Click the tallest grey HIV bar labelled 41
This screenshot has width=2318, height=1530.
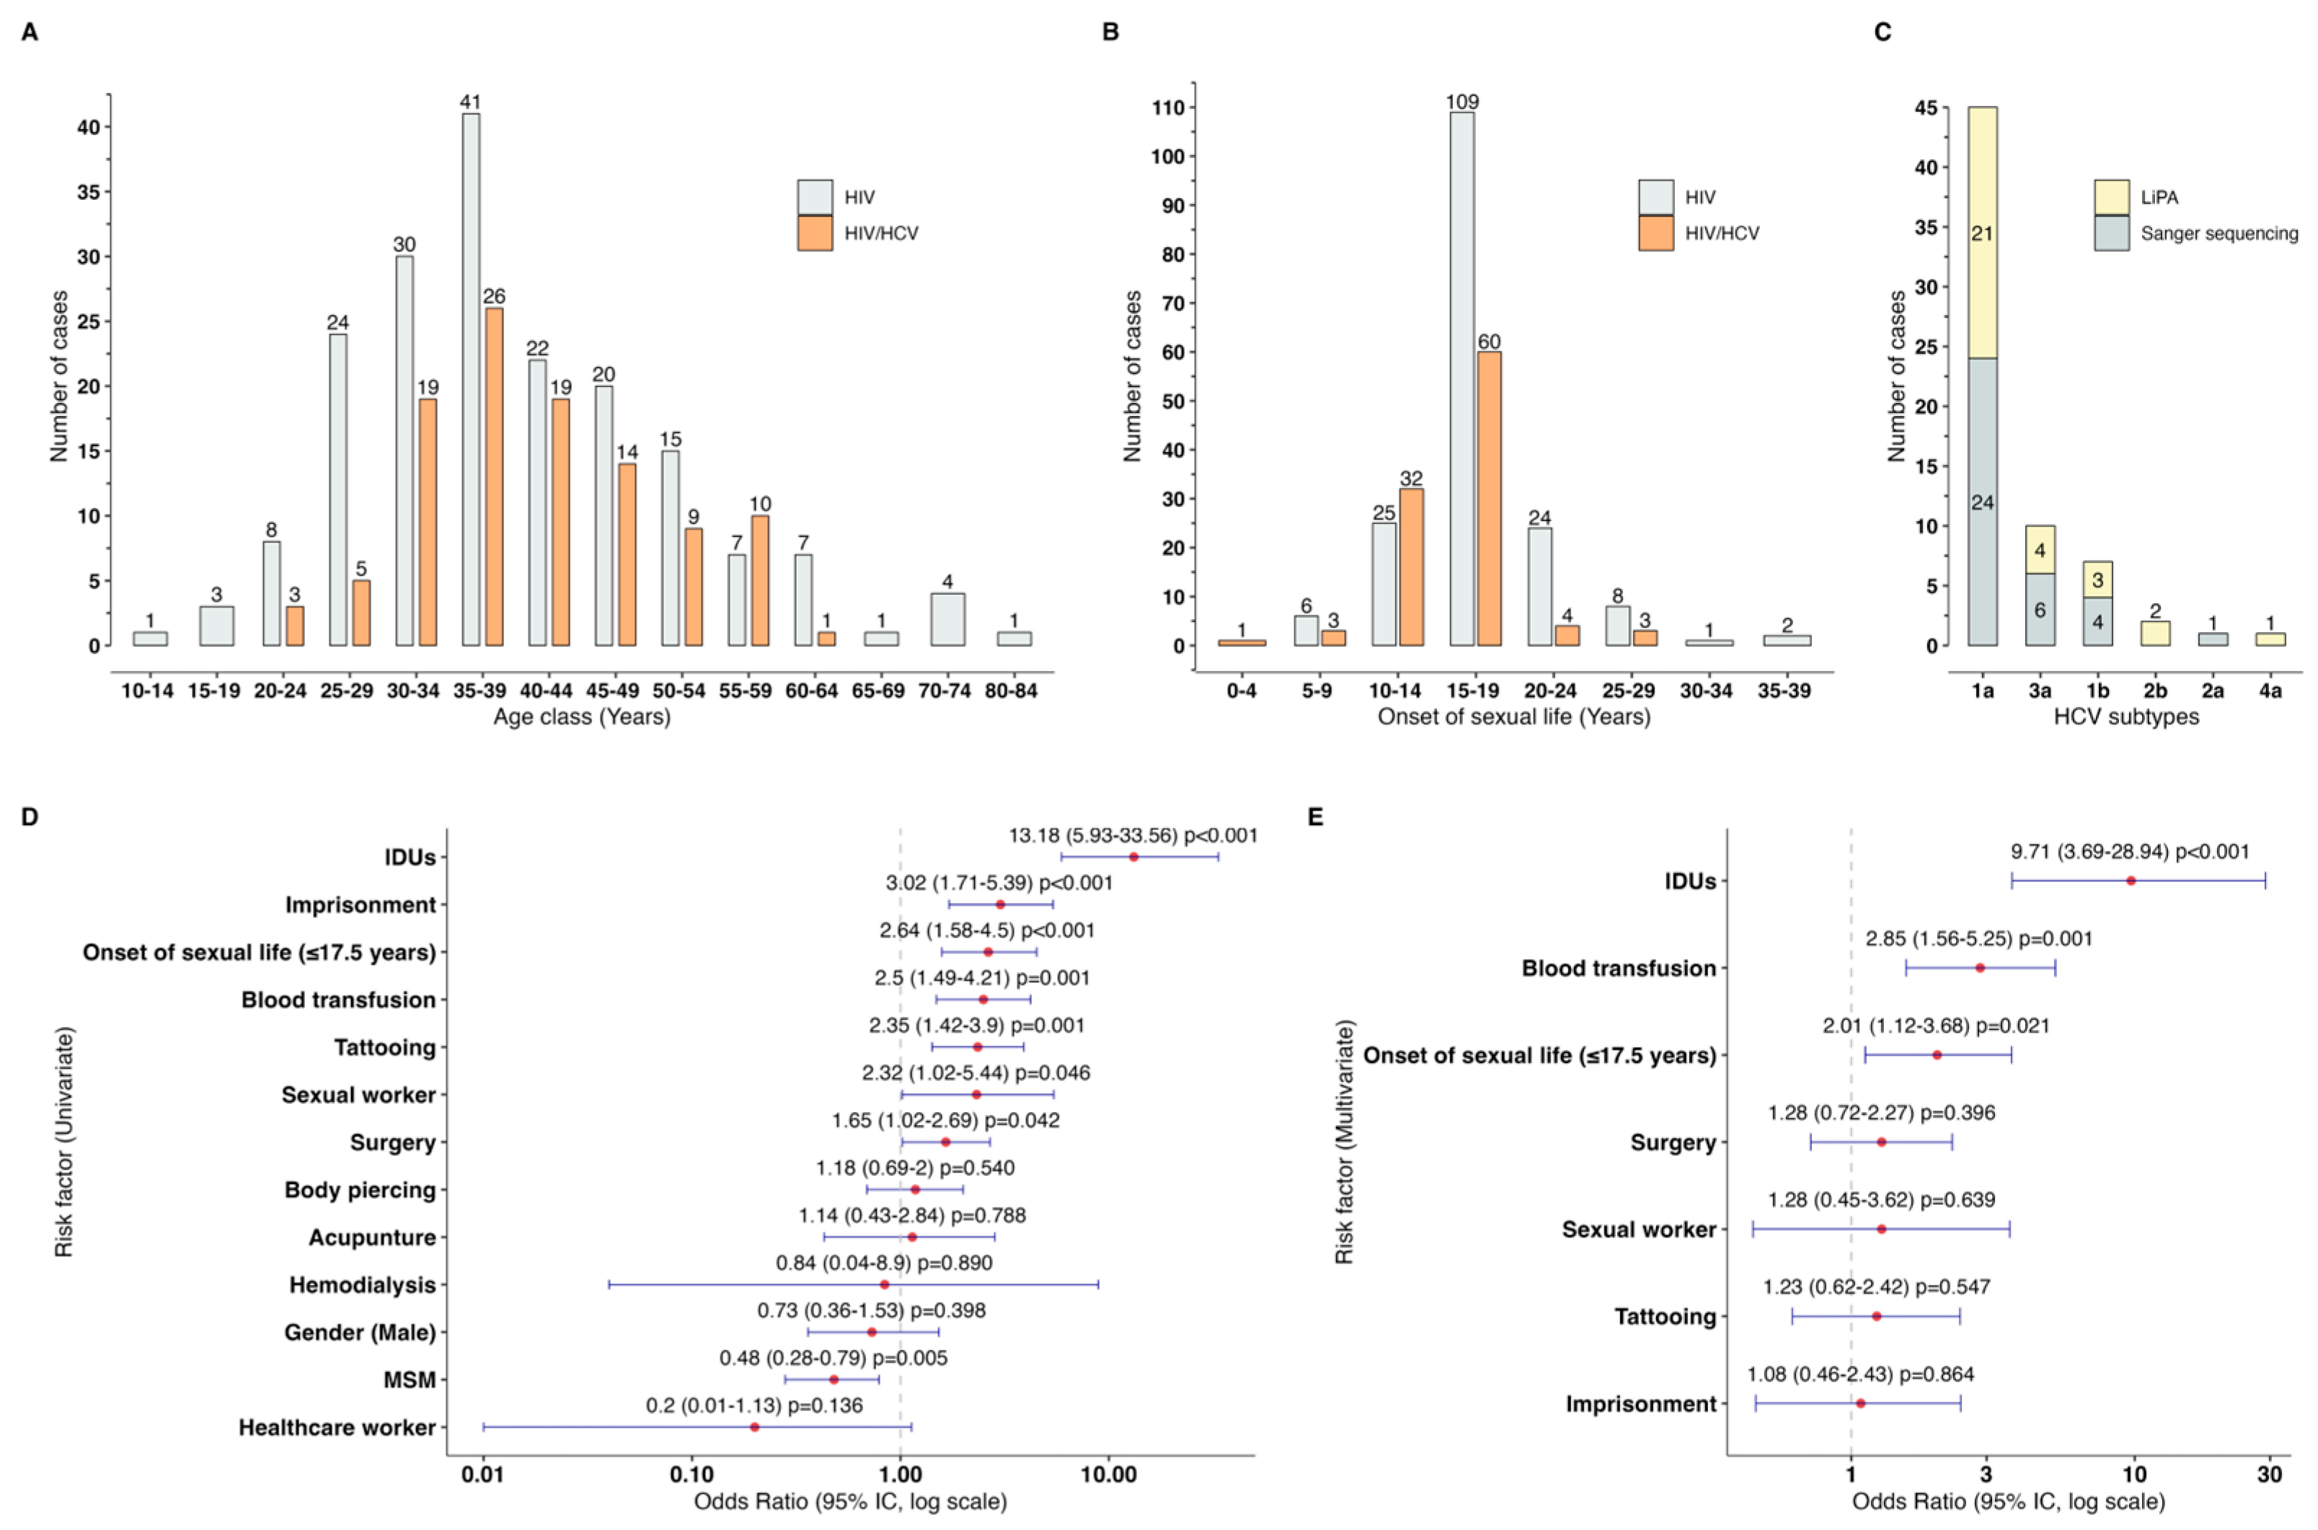tap(470, 381)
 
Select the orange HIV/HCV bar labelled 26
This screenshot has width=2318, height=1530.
tap(494, 478)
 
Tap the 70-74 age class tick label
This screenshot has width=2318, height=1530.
tap(944, 691)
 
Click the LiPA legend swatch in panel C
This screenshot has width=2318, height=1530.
tap(2111, 197)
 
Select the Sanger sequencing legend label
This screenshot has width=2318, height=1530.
tap(2219, 234)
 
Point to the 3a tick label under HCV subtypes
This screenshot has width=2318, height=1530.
tap(2039, 691)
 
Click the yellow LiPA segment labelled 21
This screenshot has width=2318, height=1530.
tap(1981, 234)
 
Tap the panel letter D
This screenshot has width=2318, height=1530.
tap(30, 817)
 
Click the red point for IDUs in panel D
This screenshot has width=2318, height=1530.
tap(1133, 857)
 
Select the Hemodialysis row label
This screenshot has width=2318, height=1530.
tap(362, 1285)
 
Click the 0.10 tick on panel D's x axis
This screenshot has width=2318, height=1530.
tap(691, 1475)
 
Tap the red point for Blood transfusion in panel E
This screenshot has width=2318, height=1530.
tap(1979, 968)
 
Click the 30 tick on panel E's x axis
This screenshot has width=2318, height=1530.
tap(2269, 1475)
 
